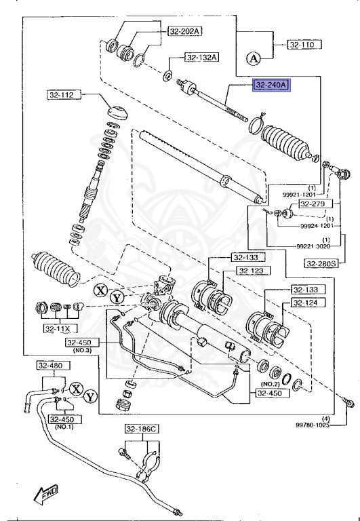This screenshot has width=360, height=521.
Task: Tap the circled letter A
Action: coord(254,58)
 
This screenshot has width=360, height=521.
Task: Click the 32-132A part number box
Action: coord(201,58)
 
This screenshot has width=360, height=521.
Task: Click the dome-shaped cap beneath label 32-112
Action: coord(119,112)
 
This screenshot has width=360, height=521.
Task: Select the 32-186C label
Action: coord(140,429)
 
